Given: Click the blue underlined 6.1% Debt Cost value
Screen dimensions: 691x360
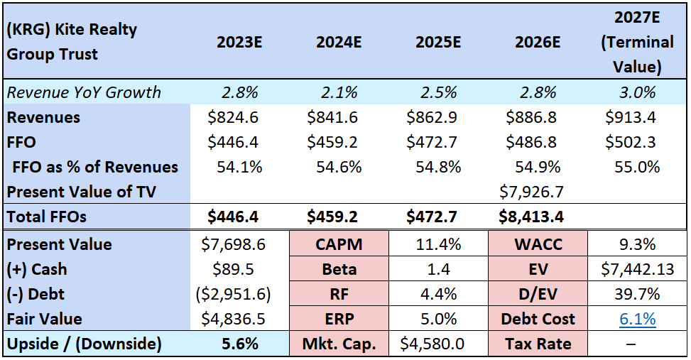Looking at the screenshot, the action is [x=637, y=319].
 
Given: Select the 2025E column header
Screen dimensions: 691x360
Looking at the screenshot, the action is [x=438, y=43].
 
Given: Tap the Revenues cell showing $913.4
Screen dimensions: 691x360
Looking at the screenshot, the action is [x=631, y=117].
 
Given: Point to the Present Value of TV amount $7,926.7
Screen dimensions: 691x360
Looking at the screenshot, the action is [x=531, y=192].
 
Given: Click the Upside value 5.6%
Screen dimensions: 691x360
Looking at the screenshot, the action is [x=240, y=344].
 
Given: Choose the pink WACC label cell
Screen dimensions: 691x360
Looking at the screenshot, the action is [x=538, y=244].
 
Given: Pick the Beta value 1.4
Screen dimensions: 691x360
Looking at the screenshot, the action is [x=438, y=269].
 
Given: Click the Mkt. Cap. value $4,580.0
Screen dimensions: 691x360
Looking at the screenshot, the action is [x=432, y=344].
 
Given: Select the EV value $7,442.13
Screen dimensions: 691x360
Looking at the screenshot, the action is [x=637, y=269].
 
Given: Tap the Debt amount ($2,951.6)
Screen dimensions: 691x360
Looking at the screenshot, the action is [x=233, y=294].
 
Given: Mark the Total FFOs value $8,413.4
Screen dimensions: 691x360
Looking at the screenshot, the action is [x=531, y=217].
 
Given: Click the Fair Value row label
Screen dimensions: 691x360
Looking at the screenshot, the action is [x=45, y=319].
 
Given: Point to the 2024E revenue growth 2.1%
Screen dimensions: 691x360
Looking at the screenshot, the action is [x=339, y=92].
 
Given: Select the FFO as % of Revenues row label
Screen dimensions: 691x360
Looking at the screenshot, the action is [x=95, y=167].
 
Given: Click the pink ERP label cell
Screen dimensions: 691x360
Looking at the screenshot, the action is [x=339, y=319].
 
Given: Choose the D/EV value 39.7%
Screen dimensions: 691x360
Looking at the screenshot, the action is [x=637, y=294].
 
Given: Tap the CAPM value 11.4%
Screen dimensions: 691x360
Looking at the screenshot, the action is [x=438, y=244].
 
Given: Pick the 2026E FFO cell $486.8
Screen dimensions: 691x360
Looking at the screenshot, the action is [x=531, y=142].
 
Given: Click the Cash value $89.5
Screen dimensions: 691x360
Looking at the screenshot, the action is [x=233, y=269].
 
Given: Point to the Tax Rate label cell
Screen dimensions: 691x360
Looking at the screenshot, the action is [x=538, y=344].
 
